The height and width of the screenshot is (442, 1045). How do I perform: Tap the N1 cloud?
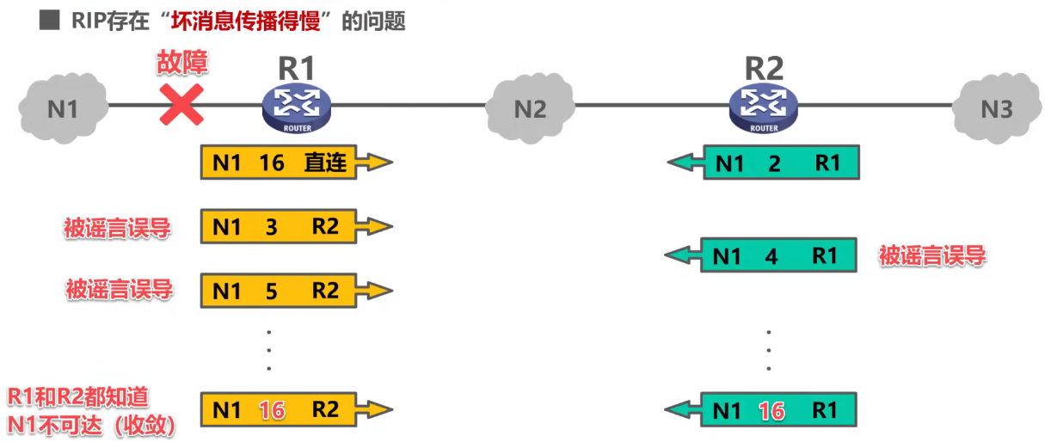(x=63, y=107)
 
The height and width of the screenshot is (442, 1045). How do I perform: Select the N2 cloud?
(x=530, y=108)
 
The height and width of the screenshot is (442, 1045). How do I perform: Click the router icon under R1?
(x=297, y=108)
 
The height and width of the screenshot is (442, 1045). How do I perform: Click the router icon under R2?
(x=764, y=108)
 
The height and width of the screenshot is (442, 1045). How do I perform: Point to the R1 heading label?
(x=297, y=68)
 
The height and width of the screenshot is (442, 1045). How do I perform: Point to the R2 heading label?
(x=764, y=68)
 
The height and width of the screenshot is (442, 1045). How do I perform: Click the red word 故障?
(x=182, y=62)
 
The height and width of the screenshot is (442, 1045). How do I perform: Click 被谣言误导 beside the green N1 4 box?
(x=931, y=255)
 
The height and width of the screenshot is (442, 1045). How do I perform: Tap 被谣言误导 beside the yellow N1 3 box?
(x=117, y=228)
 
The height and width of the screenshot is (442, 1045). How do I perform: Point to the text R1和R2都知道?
(x=78, y=396)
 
